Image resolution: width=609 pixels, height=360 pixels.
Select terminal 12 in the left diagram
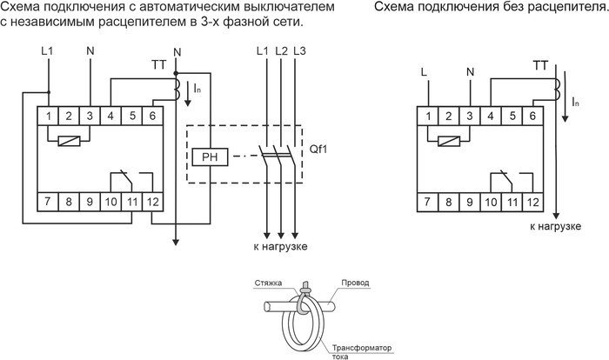152,203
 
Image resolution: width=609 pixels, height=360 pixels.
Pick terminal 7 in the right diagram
426,203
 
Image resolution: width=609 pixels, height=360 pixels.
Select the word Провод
356,283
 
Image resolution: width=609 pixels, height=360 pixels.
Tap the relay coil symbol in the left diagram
69,143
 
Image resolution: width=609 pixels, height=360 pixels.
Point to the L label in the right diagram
425,70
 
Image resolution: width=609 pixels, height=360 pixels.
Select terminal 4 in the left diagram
111,115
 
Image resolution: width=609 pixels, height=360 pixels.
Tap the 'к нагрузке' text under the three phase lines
280,246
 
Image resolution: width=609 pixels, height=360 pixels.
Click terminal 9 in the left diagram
90,203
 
